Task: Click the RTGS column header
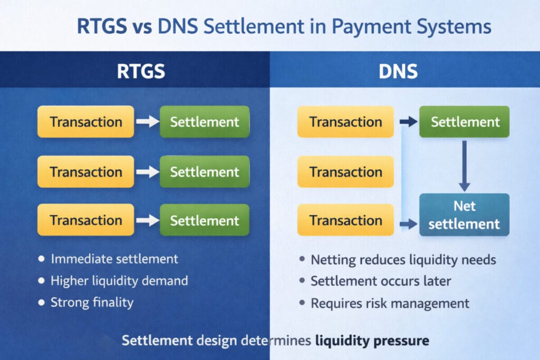click(141, 71)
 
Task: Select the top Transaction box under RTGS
click(86, 122)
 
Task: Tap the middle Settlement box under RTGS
click(205, 172)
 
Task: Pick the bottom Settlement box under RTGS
click(205, 220)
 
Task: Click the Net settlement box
click(464, 215)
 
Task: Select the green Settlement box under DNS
click(465, 122)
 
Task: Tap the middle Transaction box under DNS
click(345, 172)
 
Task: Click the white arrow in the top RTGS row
click(147, 122)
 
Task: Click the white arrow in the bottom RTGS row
click(147, 220)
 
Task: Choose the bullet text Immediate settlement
click(114, 259)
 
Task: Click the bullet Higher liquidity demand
click(119, 280)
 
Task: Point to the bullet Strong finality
click(92, 302)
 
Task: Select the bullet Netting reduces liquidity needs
click(403, 260)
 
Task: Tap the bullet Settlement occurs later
click(381, 281)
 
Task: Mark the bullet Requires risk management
click(390, 303)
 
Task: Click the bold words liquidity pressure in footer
click(372, 340)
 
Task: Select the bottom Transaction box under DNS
click(345, 220)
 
